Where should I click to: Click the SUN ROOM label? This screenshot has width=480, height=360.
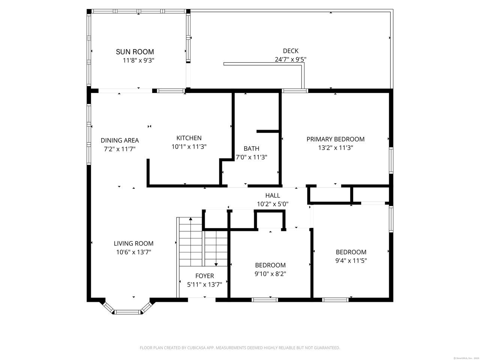click(x=135, y=52)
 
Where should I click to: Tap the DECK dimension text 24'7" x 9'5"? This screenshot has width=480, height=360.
click(x=290, y=59)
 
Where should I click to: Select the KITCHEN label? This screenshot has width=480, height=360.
click(x=189, y=138)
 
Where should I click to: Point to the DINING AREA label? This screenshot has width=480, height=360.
click(x=120, y=140)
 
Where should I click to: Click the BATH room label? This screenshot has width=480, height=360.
click(x=251, y=148)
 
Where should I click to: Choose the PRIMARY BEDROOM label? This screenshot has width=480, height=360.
click(x=335, y=139)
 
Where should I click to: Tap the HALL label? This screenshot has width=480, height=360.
click(x=273, y=195)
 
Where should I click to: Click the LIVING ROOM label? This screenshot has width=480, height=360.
click(x=133, y=243)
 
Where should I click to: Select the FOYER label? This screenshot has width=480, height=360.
click(x=205, y=276)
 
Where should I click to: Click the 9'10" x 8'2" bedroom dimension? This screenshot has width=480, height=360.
click(x=270, y=274)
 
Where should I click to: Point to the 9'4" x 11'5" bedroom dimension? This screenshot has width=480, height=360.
click(x=351, y=261)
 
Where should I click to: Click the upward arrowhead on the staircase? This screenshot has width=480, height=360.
click(x=191, y=219)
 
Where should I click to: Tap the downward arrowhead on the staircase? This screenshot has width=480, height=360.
click(x=216, y=265)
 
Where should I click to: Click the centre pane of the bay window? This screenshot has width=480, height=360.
click(x=128, y=312)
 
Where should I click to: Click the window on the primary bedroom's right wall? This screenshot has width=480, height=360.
click(x=391, y=160)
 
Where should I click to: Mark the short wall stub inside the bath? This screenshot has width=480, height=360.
click(x=268, y=131)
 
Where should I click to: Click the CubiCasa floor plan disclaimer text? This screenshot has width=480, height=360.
click(x=240, y=348)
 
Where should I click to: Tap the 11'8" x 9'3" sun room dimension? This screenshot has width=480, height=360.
click(x=138, y=60)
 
